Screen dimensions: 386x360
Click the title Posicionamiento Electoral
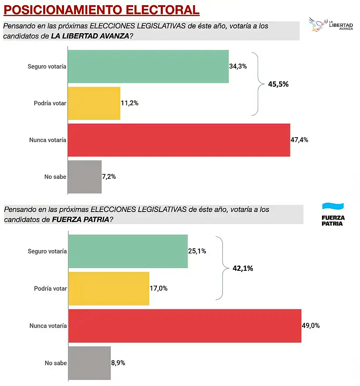[101, 10]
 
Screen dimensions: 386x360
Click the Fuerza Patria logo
[333, 214]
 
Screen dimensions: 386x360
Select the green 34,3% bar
[148, 66]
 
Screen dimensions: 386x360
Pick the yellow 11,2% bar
[94, 103]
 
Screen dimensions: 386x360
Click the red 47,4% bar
[179, 140]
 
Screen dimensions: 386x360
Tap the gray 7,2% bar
[85, 177]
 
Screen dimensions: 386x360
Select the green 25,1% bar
[128, 251]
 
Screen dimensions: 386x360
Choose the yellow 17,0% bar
[109, 288]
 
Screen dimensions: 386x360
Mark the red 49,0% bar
[185, 326]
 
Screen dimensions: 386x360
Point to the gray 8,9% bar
[90, 363]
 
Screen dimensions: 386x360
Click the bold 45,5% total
[278, 84]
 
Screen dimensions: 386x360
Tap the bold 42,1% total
[243, 268]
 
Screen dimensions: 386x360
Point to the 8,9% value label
[118, 363]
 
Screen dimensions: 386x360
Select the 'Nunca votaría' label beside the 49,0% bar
[48, 326]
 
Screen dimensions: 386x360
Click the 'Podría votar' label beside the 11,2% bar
[50, 103]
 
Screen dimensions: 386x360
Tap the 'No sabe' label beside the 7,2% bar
[56, 177]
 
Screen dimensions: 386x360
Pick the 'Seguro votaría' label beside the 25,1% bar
[47, 251]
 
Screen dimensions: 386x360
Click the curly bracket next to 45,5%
[257, 84]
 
